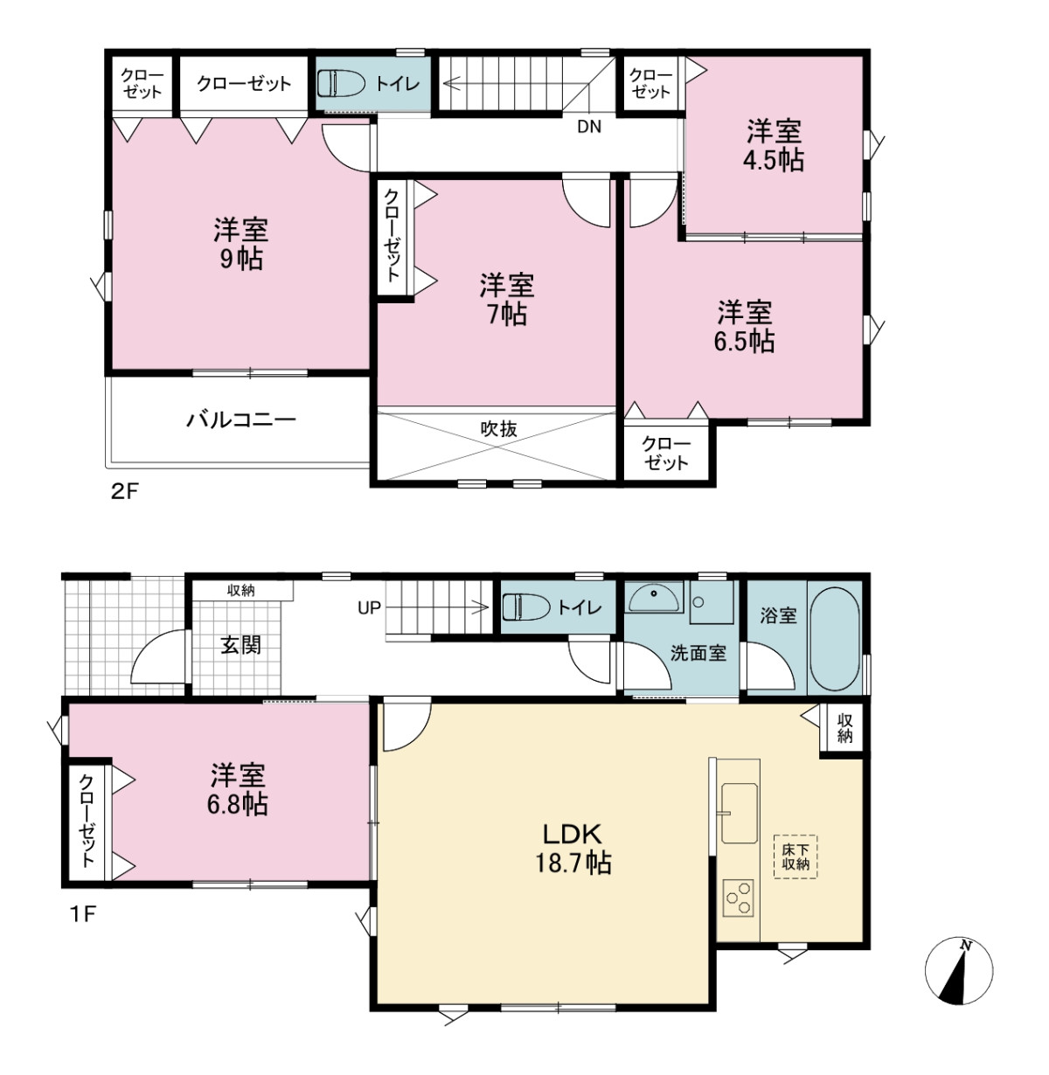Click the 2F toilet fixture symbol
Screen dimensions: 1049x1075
coord(341,84)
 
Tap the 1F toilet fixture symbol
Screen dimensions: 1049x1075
coord(526,607)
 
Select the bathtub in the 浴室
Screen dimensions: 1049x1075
coord(834,639)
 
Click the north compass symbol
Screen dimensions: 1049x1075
coord(959,970)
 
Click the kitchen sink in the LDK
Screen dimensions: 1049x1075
coord(739,812)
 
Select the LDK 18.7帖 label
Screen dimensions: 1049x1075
coord(573,849)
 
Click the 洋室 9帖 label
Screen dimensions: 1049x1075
coord(241,244)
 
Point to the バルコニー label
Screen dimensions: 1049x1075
coord(241,420)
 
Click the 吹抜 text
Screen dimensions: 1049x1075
coord(499,428)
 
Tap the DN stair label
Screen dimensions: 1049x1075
coord(589,127)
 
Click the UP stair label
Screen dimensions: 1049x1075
coord(369,608)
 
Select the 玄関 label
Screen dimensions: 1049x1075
coord(241,645)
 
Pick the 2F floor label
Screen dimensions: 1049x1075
coord(124,491)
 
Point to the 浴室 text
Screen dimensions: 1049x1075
coord(778,615)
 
